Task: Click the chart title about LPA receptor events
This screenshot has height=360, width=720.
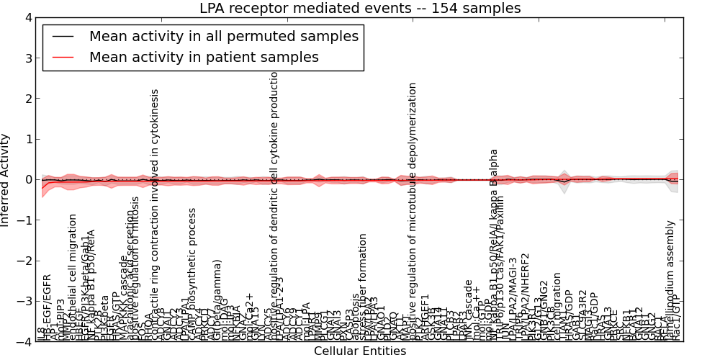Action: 360,8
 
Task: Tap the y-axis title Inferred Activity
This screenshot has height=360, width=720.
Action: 6,180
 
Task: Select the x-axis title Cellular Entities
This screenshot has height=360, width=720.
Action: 360,351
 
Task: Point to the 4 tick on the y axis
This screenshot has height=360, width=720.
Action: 27,17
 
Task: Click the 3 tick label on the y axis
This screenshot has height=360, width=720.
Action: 27,58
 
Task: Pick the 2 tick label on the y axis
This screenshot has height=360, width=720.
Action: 27,99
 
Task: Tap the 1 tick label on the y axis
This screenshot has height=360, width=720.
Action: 27,139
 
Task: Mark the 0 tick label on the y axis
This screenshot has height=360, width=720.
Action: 27,180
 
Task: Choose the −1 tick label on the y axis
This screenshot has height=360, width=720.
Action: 24,220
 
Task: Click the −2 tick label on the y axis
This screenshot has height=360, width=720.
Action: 24,261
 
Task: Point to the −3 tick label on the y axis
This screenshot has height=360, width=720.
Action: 24,302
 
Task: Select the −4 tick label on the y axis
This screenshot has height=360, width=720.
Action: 24,342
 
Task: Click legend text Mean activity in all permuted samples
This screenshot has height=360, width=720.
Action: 223,37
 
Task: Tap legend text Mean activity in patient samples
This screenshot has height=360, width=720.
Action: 204,57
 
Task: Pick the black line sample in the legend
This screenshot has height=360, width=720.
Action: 63,37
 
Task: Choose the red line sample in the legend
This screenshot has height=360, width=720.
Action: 63,57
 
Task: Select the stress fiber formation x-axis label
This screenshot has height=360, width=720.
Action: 364,287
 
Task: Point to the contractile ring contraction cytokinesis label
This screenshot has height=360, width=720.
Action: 155,215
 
